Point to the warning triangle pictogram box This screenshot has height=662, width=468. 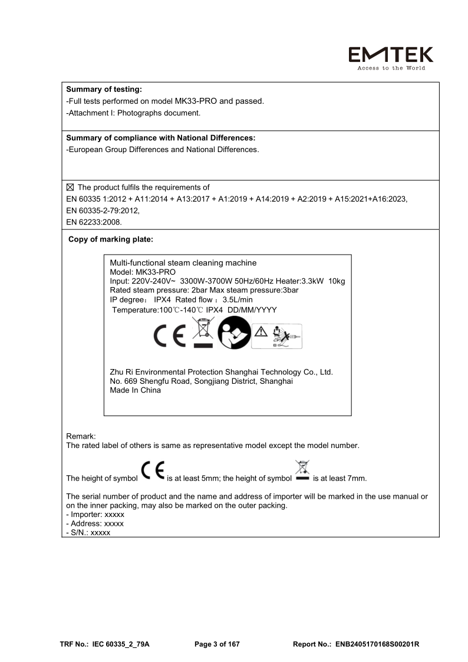click(x=276, y=336)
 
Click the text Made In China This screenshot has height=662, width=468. click(x=135, y=390)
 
